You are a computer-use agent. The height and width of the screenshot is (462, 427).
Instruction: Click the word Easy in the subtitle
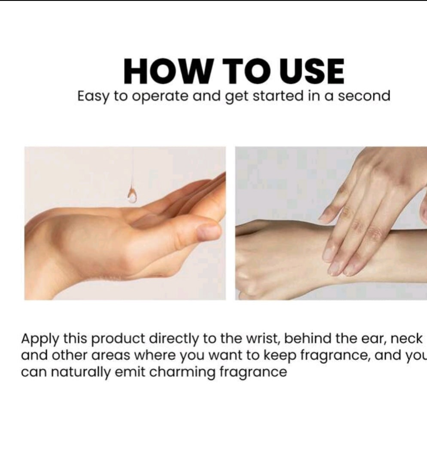93,97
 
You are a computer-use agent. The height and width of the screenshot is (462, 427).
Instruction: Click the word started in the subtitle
278,96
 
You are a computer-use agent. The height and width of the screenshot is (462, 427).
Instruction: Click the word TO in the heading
245,71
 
